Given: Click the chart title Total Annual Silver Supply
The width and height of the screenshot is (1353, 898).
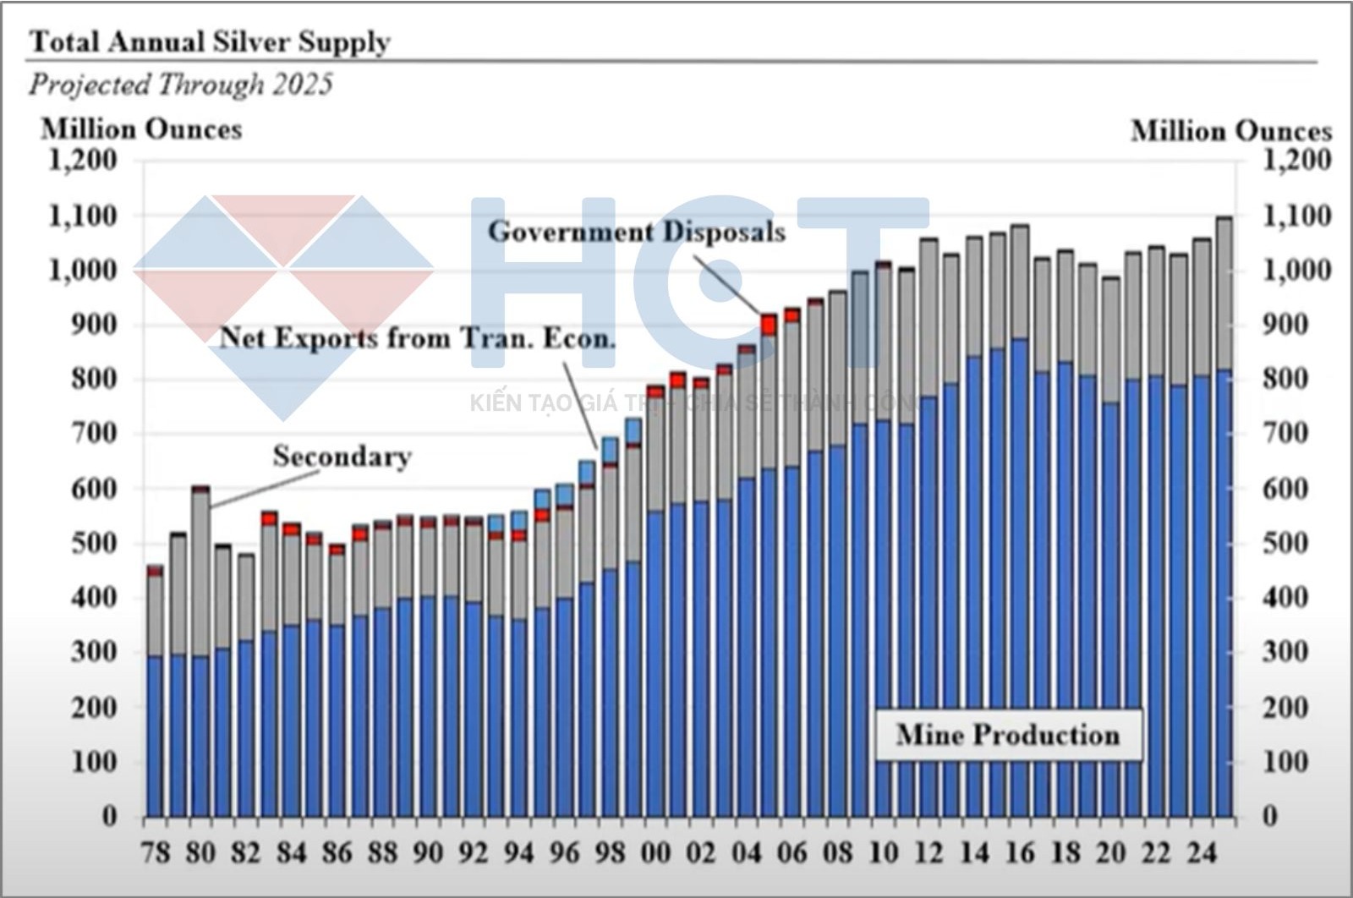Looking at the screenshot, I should (210, 41).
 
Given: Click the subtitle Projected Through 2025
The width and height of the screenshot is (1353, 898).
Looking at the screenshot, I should (180, 85).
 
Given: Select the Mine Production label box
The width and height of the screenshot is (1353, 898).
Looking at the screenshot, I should (1007, 734).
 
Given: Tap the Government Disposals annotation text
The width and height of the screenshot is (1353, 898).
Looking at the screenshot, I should (636, 232).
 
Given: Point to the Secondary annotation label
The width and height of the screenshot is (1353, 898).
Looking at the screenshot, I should (342, 457).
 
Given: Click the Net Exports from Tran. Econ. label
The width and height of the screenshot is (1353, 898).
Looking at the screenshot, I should (418, 338).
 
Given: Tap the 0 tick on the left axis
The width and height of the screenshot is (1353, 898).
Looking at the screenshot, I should (109, 817).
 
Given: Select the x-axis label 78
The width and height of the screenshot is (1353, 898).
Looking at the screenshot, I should (156, 852).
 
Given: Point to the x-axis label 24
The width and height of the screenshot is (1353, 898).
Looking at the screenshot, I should (1202, 852).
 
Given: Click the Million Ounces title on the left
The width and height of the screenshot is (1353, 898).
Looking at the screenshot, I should (141, 129).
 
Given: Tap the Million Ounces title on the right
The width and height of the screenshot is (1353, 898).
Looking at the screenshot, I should (1230, 131).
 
